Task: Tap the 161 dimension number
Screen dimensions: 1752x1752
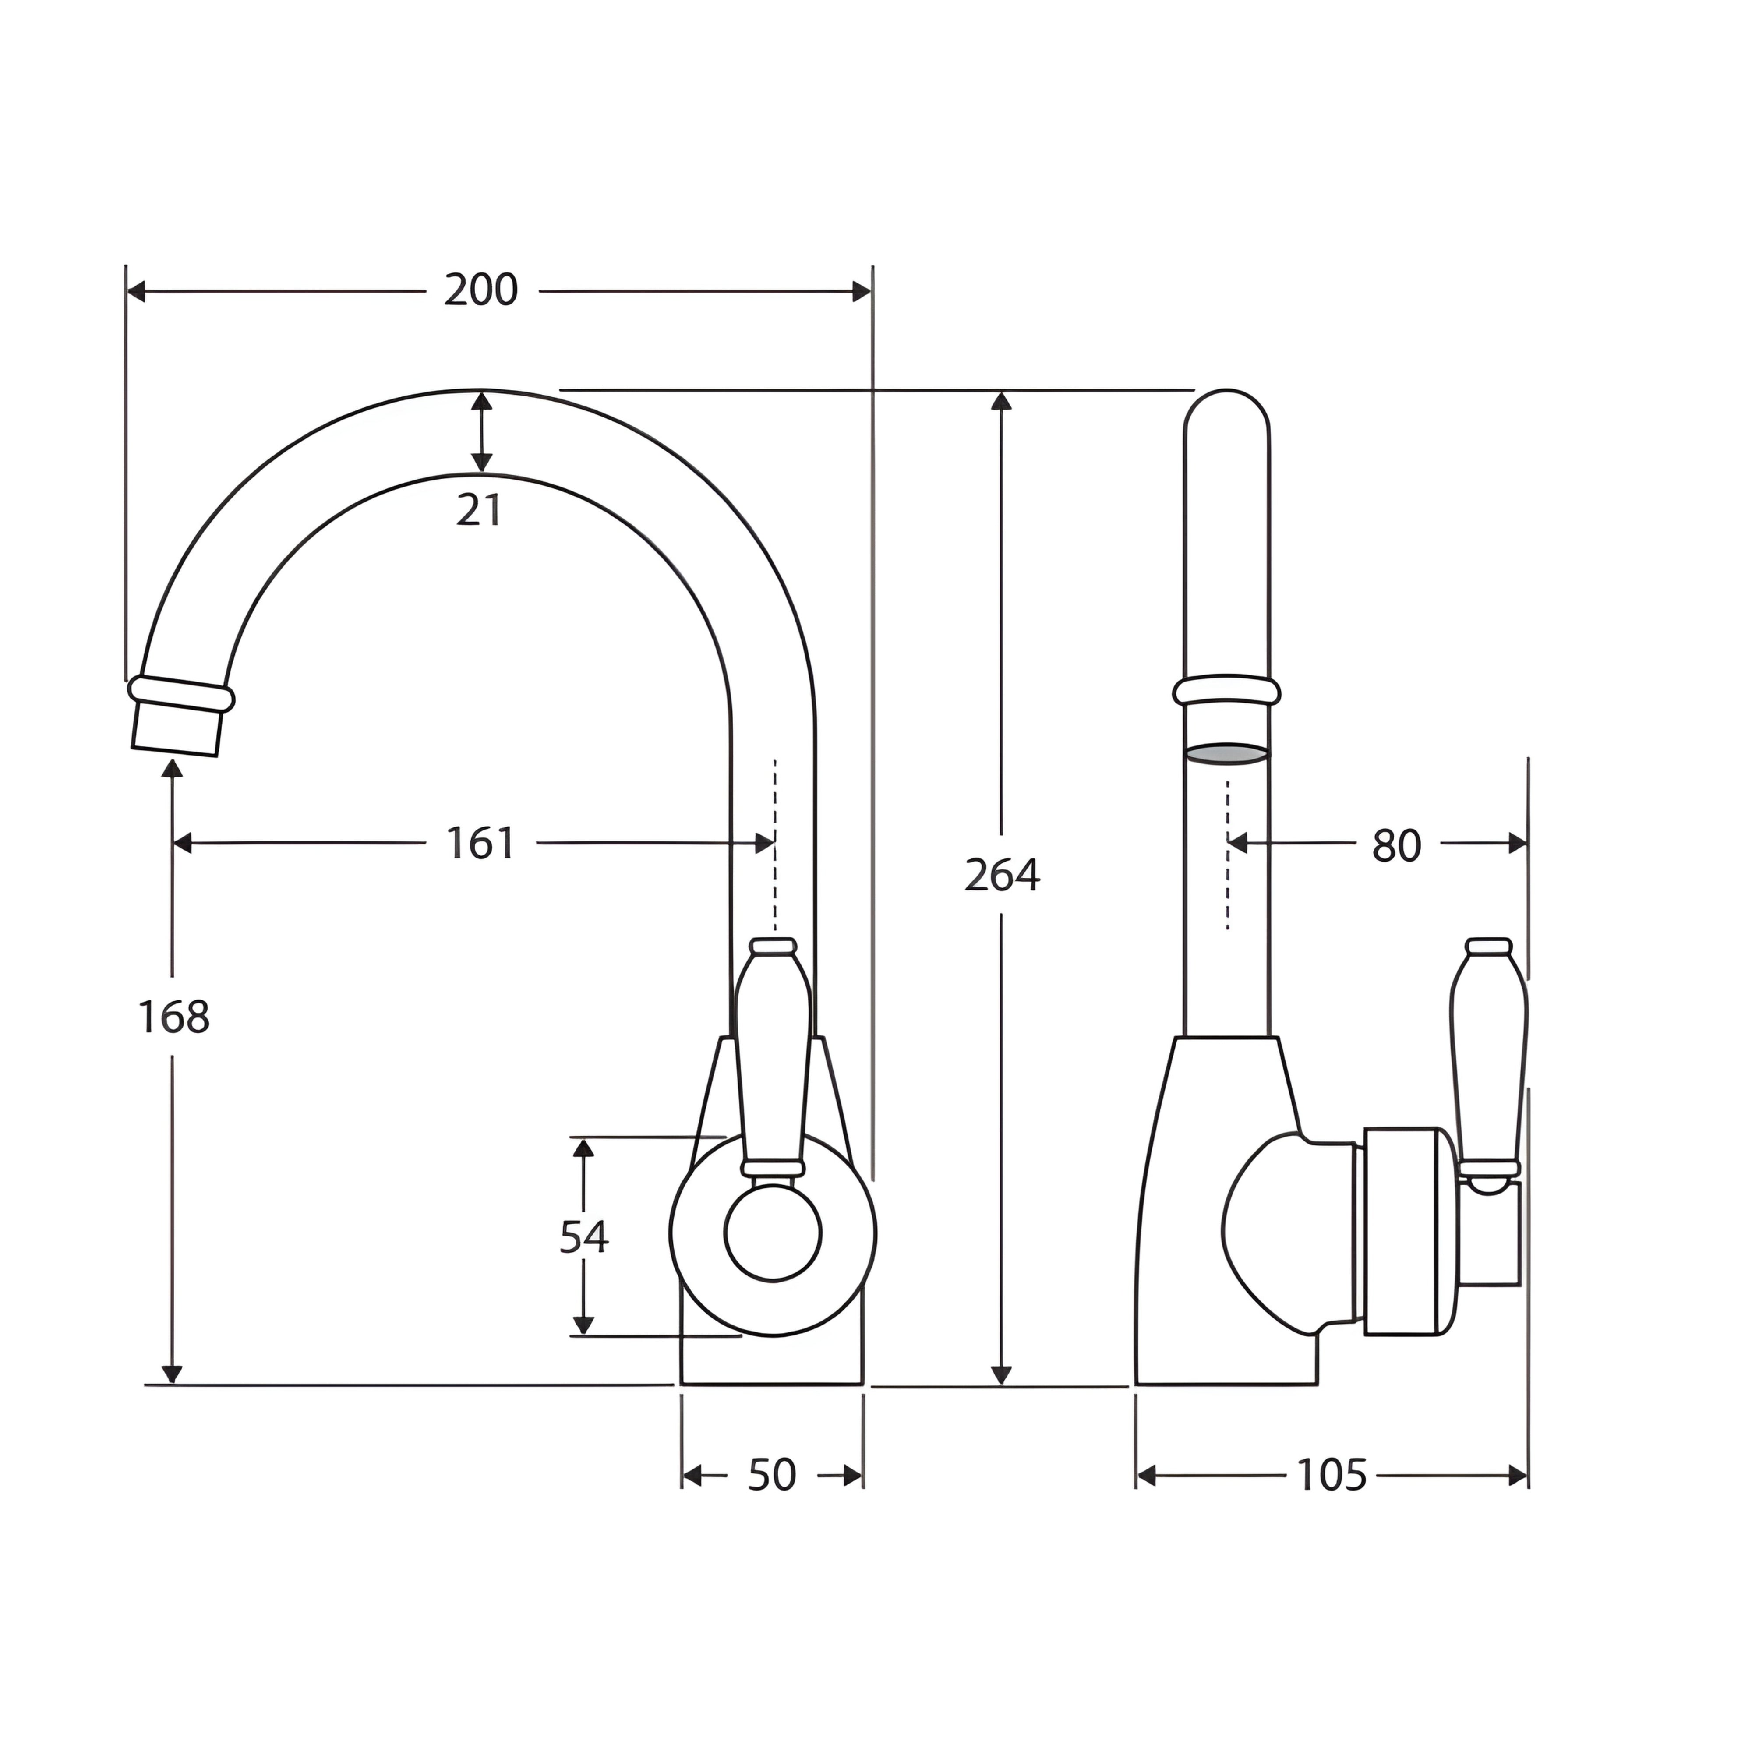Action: point(480,843)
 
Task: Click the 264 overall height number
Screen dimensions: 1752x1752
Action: point(1002,875)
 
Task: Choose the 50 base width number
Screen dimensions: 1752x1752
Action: point(772,1476)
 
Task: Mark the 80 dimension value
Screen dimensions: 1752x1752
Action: point(1396,845)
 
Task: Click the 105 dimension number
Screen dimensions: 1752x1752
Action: point(1331,1476)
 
